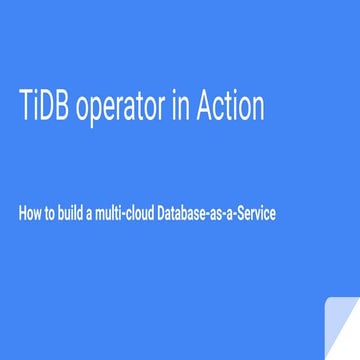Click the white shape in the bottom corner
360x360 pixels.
(340, 330)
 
